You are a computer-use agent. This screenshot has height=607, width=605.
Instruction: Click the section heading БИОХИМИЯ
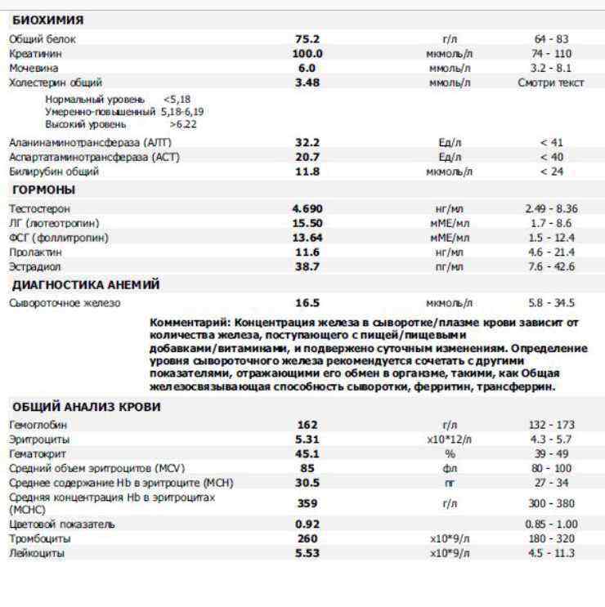[x=47, y=20]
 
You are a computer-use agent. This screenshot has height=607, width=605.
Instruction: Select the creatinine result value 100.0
[x=307, y=53]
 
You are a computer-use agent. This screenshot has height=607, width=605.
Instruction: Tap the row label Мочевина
[x=34, y=68]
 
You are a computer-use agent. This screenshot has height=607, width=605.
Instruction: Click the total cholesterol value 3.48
[x=307, y=83]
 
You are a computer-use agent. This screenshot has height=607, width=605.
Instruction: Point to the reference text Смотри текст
[x=551, y=83]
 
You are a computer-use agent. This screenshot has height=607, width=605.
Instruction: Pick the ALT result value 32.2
[x=307, y=142]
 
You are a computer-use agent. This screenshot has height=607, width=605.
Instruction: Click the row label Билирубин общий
[x=54, y=172]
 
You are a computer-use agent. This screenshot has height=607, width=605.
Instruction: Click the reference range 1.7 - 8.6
[x=551, y=223]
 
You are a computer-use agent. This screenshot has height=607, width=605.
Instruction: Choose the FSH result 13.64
[x=307, y=238]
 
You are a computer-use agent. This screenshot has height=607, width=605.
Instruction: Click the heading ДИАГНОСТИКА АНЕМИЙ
[x=86, y=285]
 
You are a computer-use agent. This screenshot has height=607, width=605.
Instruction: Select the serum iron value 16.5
[x=307, y=303]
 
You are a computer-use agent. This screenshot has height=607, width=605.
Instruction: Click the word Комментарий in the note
[x=186, y=323]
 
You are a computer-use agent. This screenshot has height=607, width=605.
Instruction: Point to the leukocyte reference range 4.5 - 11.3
[x=551, y=554]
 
